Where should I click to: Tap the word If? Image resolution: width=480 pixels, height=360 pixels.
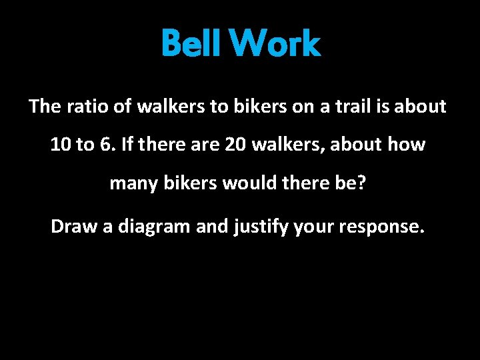click(x=129, y=145)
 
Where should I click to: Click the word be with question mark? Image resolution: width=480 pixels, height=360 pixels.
click(x=353, y=183)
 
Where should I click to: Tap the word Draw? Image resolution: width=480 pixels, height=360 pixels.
click(x=74, y=227)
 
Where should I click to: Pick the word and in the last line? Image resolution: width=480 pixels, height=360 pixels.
click(x=211, y=227)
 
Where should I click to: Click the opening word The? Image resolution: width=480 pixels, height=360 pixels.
click(x=45, y=107)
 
